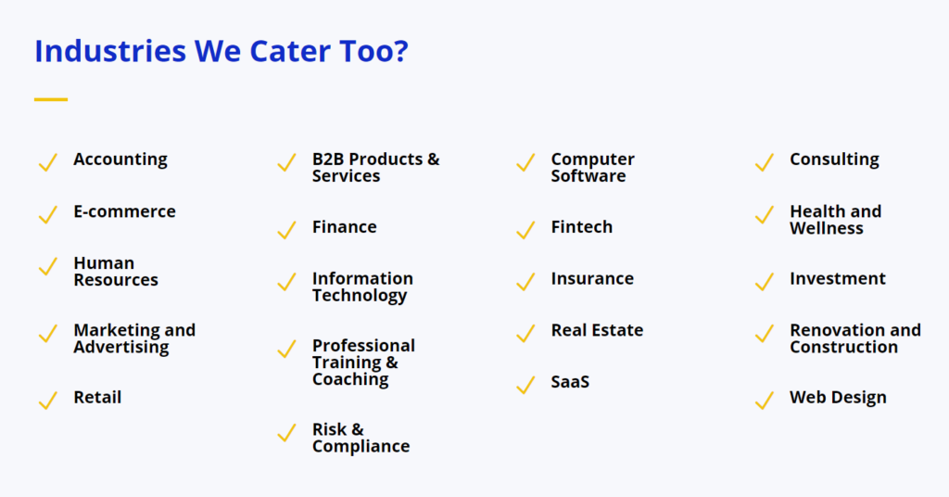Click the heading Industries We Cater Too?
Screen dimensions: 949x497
[221, 51]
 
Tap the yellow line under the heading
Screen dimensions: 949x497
[51, 99]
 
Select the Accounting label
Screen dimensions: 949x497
[120, 159]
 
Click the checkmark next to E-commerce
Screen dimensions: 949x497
[48, 214]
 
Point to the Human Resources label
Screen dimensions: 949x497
[116, 271]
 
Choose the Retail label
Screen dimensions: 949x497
[97, 397]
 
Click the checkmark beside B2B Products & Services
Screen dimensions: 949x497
[287, 162]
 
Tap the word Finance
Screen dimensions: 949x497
[345, 227]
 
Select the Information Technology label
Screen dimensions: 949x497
[362, 287]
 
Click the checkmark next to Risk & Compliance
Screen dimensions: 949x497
[287, 432]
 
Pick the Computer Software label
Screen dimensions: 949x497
[592, 168]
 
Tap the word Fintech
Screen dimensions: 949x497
[582, 227]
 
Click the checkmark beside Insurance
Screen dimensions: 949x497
[526, 282]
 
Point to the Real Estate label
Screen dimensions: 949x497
[597, 330]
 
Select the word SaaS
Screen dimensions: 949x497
[570, 382]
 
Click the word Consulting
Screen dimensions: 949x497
[834, 159]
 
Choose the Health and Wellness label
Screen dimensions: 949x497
[835, 220]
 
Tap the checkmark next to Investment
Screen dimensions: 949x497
[765, 282]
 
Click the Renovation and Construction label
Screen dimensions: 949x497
[855, 338]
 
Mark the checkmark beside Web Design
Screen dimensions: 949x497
[765, 401]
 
